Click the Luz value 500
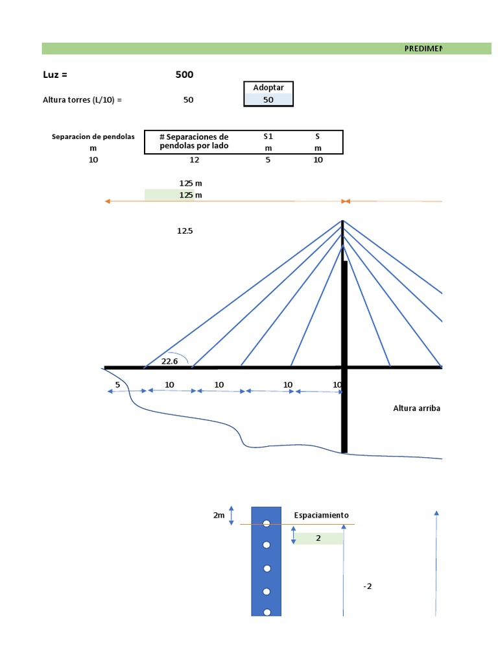[x=184, y=75]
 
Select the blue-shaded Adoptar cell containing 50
[x=268, y=100]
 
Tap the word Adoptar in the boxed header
[x=268, y=88]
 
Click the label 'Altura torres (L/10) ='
[x=82, y=100]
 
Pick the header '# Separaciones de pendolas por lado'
[x=194, y=142]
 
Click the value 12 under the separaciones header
[x=195, y=160]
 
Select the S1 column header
[x=268, y=136]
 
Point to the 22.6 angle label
[x=170, y=361]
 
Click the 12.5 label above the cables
[x=185, y=231]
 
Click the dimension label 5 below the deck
[x=117, y=384]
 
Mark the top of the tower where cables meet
[x=343, y=221]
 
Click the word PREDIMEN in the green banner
[x=423, y=49]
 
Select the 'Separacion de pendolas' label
[x=93, y=136]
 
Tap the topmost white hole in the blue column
[x=267, y=523]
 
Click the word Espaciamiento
[x=321, y=515]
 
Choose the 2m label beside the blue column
[x=219, y=515]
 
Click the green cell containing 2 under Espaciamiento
[x=318, y=538]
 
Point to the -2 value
[x=368, y=586]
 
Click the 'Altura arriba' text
[x=417, y=408]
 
